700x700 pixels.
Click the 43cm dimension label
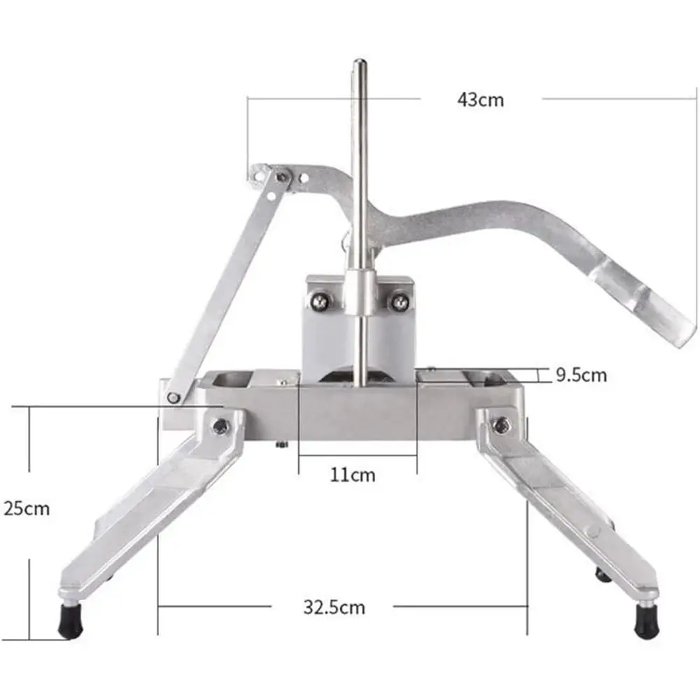pyautogui.click(x=480, y=99)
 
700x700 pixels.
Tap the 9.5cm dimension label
pyautogui.click(x=581, y=375)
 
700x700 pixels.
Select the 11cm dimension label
pyautogui.click(x=353, y=475)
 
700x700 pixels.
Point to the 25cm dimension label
pyautogui.click(x=27, y=508)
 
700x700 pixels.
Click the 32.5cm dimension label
pyautogui.click(x=334, y=607)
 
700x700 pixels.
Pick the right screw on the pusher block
pyautogui.click(x=400, y=302)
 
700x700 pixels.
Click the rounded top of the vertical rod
pyautogui.click(x=359, y=64)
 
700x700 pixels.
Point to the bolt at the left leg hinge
pyautogui.click(x=220, y=424)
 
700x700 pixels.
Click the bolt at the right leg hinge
pyautogui.click(x=501, y=424)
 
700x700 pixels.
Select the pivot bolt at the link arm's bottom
pyautogui.click(x=172, y=398)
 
